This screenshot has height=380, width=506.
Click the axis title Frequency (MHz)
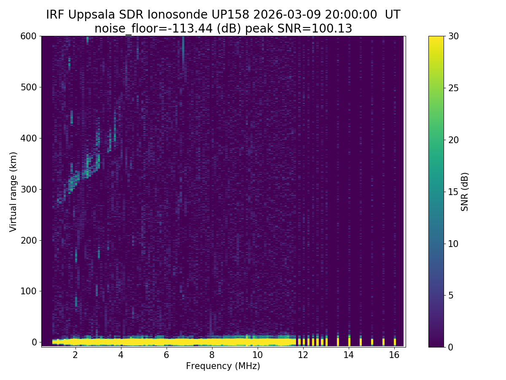point(223,366)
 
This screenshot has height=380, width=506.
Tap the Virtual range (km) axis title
point(13,191)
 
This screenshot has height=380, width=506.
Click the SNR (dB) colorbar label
point(465,191)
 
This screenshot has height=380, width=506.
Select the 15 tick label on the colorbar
point(453,192)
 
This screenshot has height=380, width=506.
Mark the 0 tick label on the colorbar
point(451,347)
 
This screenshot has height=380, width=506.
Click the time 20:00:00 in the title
point(351,15)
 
